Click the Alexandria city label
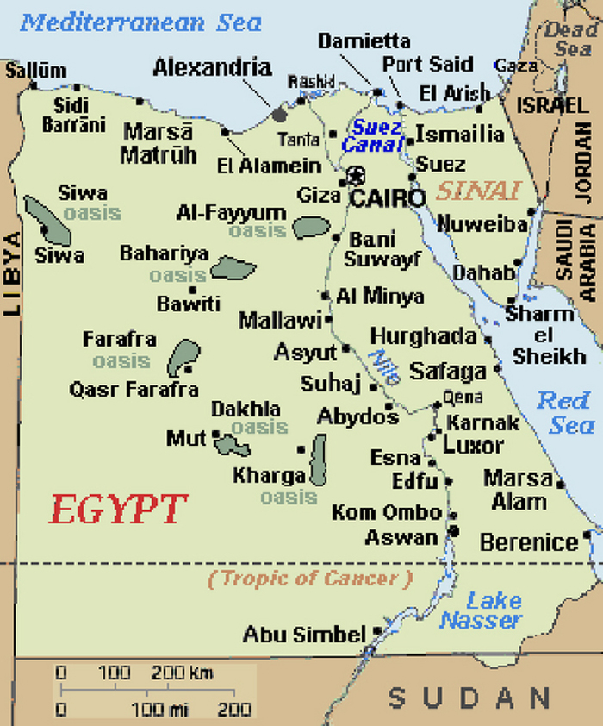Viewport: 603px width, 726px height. (212, 67)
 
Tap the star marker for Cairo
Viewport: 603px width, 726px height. (354, 176)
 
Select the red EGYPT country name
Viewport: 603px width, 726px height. (118, 510)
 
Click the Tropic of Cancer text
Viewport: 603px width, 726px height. (309, 579)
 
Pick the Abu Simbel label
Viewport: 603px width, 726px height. (304, 635)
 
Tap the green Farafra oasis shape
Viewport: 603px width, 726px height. (183, 357)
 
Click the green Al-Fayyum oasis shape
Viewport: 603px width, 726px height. (310, 228)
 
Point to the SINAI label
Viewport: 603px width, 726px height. (478, 191)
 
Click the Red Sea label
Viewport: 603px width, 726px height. (566, 412)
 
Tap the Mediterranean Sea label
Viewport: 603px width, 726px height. (140, 22)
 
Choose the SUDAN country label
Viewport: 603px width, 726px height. (469, 697)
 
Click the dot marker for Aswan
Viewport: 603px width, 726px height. (454, 530)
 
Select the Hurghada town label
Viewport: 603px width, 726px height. (423, 336)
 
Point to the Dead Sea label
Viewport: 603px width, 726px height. (570, 40)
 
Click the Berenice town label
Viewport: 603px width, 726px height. (528, 542)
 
